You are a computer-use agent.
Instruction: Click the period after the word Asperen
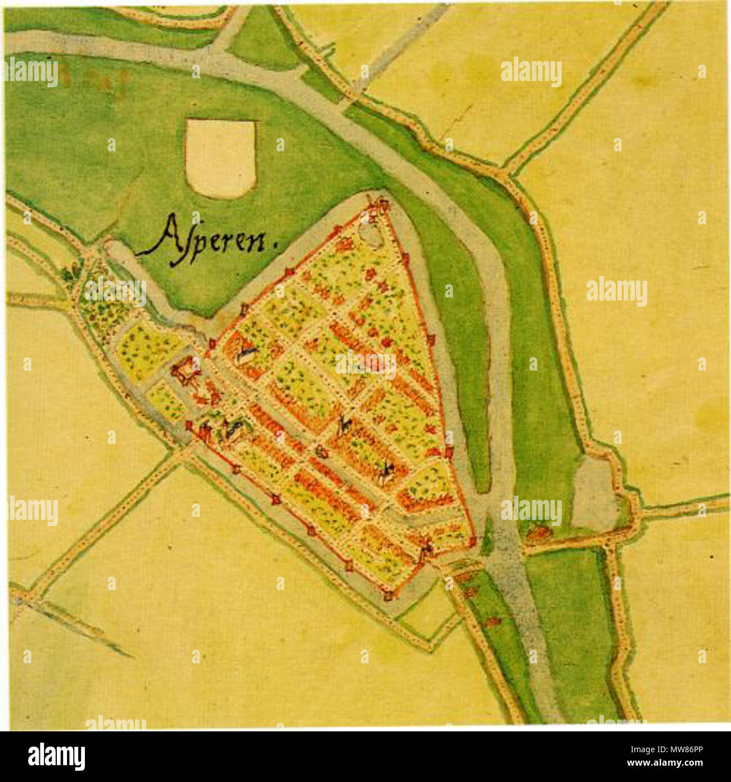(x=276, y=245)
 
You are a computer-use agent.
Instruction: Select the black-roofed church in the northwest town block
(x=245, y=353)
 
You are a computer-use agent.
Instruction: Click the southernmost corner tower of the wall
(x=389, y=594)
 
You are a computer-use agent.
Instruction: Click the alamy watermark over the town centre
(x=365, y=365)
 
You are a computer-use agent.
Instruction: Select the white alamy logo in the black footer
(x=57, y=756)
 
